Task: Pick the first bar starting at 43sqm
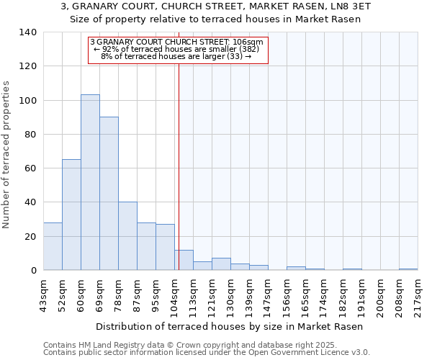point(53,246)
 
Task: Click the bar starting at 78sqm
point(127,236)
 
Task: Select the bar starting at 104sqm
point(184,260)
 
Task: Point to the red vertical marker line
point(179,158)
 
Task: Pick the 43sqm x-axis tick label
point(44,295)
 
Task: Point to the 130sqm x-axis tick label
point(231,295)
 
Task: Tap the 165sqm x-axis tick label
point(306,295)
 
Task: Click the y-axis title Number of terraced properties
point(7,154)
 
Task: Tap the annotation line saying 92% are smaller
point(177,49)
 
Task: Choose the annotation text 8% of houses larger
point(177,56)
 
